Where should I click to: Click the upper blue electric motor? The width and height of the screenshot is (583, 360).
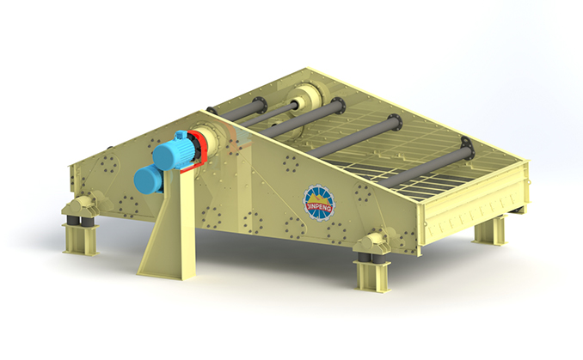click(174, 151)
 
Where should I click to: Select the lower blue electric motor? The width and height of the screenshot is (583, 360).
click(149, 179)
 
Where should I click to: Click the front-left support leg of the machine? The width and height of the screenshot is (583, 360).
click(81, 238)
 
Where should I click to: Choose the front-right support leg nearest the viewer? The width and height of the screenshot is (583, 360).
click(371, 276)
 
